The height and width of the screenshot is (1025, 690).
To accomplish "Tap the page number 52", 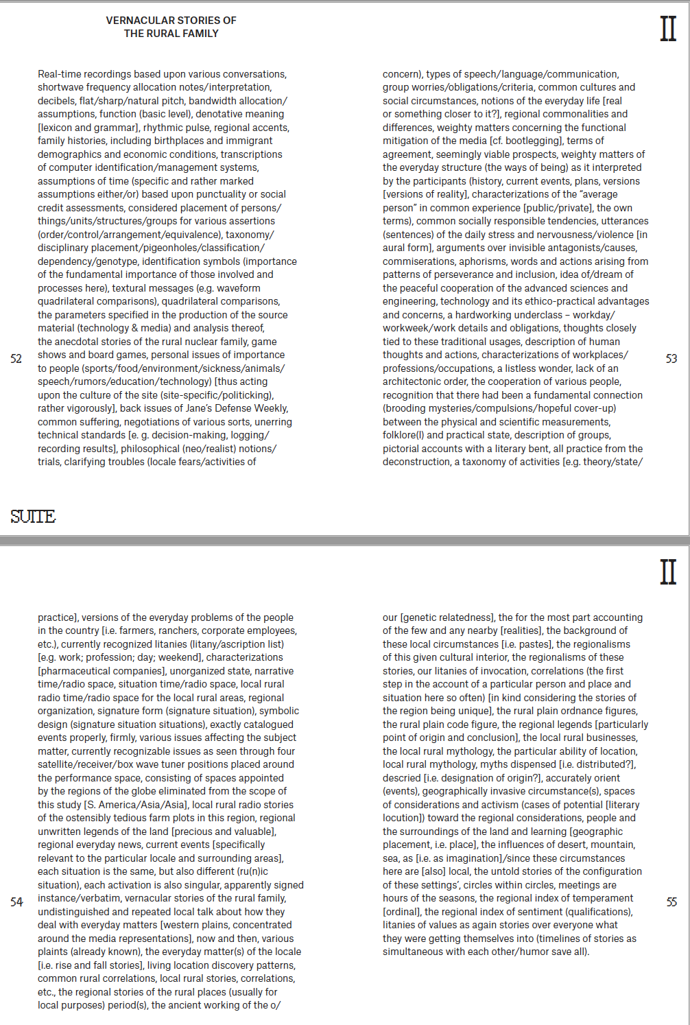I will click(16, 358).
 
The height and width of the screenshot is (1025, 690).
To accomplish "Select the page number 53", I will click(671, 358).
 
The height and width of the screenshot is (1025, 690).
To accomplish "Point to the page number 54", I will click(16, 902).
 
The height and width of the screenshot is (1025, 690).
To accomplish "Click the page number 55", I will click(671, 902).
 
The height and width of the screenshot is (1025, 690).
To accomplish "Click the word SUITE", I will click(33, 517).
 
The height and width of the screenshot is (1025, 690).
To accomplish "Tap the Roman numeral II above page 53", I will click(668, 29).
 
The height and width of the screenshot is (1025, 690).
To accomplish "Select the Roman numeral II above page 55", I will click(668, 572).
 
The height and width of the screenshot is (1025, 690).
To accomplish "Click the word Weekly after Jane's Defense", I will click(270, 408).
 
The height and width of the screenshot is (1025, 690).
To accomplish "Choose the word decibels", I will click(56, 101).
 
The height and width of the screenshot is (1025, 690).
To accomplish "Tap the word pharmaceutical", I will click(76, 671).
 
